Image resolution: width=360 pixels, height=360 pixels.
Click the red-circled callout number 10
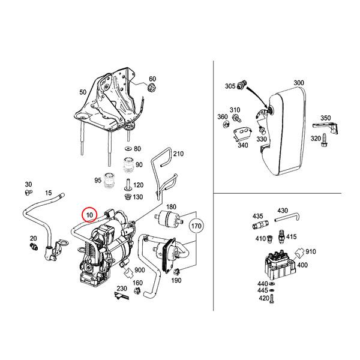click(x=89, y=214)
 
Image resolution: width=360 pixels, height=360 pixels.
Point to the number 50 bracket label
click(x=82, y=93)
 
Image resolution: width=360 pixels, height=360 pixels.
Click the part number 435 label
click(x=258, y=215)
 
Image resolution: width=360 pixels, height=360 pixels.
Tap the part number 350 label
click(x=325, y=118)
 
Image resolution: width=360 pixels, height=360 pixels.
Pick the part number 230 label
click(x=122, y=289)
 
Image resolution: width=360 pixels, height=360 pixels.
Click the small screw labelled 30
click(x=28, y=193)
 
